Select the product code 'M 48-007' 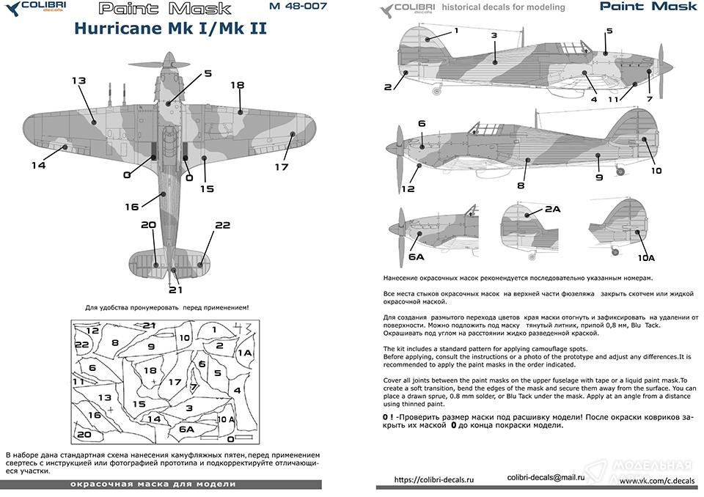(298, 7)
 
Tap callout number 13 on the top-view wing (79, 80)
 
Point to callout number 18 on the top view (237, 85)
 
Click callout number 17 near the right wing (282, 166)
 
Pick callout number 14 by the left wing (38, 165)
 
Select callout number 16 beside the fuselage (131, 207)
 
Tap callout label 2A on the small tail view (552, 210)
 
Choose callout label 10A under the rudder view (646, 258)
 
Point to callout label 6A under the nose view (416, 257)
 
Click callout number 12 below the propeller (408, 188)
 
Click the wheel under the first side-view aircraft (439, 92)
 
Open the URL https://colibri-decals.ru (435, 480)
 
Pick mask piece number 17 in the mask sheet (175, 382)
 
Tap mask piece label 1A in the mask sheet (245, 353)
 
